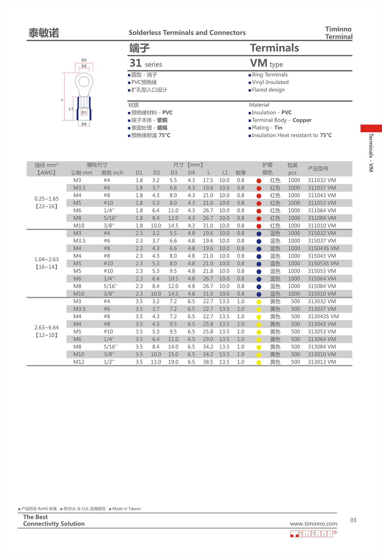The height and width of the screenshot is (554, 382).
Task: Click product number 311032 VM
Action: click(322, 180)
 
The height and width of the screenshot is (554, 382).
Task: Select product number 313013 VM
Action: click(322, 362)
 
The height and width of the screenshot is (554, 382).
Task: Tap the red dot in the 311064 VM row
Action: click(259, 211)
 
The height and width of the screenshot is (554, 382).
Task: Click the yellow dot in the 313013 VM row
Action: click(259, 362)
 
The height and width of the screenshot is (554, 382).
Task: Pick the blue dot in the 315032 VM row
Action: click(259, 234)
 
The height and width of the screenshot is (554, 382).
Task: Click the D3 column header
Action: click(174, 173)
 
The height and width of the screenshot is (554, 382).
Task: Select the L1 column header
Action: click(225, 173)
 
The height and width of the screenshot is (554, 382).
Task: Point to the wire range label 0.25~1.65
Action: click(46, 199)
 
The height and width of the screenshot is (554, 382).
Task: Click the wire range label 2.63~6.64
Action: click(46, 328)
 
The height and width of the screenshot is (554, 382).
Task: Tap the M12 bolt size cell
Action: click(79, 362)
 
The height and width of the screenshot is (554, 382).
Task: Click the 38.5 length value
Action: click(208, 362)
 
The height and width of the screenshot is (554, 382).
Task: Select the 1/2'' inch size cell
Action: click(109, 362)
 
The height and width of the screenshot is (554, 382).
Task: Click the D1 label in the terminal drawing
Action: click(84, 113)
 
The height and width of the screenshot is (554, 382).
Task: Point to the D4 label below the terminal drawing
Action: click(84, 124)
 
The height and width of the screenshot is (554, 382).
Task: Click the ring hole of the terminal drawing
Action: click(84, 82)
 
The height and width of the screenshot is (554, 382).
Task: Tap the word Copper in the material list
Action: click(302, 120)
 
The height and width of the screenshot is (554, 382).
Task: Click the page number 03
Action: click(353, 520)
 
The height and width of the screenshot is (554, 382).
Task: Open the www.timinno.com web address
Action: click(313, 524)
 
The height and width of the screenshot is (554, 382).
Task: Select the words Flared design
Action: click(268, 90)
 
